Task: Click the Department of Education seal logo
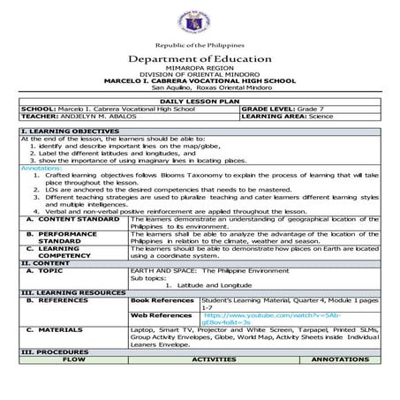click(200, 20)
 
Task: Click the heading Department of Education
click(200, 58)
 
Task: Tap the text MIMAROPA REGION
click(200, 67)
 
